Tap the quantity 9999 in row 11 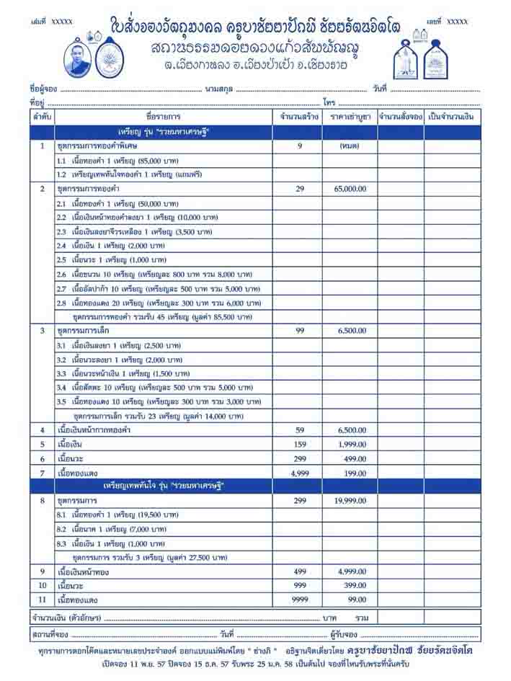(x=298, y=600)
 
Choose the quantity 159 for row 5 (x=298, y=445)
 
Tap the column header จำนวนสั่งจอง (x=400, y=116)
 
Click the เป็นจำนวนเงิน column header (x=452, y=116)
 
